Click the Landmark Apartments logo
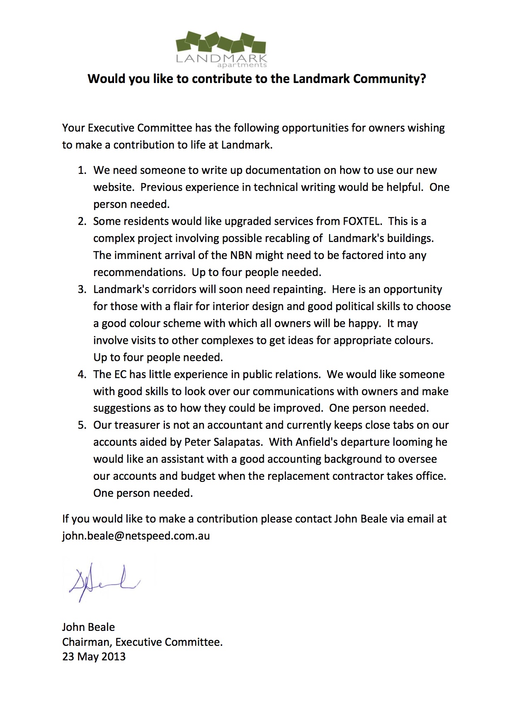pos(221,49)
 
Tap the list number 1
pos(82,171)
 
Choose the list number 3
pos(82,289)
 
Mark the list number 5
pos(82,425)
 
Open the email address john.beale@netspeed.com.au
pos(136,536)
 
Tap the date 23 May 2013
pos(94,657)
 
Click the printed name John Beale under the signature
pos(88,627)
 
